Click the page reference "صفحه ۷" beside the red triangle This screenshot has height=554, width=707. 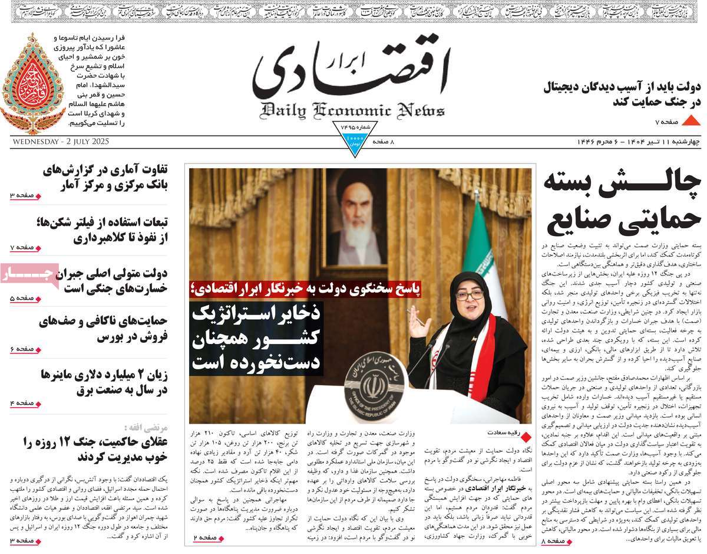[x=667, y=122]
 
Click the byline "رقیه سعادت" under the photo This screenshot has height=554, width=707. [x=503, y=432]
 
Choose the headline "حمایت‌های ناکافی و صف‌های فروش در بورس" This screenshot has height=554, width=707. [x=103, y=329]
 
